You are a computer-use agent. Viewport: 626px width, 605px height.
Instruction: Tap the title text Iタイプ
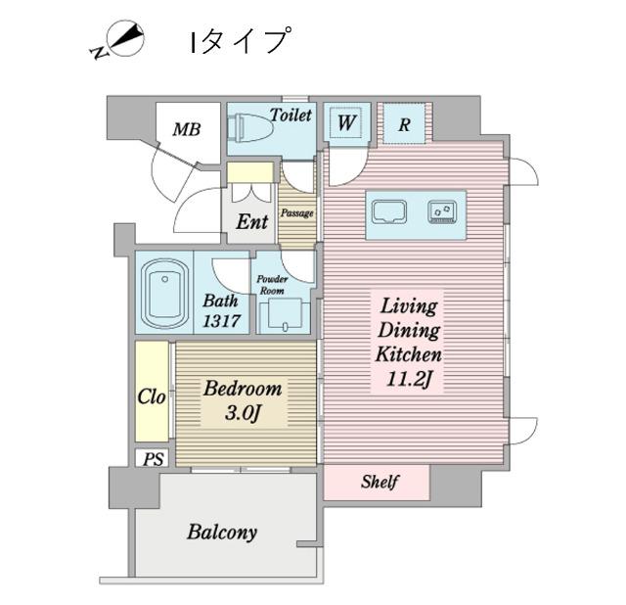click(240, 42)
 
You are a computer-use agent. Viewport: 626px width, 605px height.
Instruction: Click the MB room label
click(188, 127)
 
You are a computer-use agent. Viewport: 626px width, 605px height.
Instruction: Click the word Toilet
click(291, 115)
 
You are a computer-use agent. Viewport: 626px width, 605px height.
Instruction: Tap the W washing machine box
click(346, 122)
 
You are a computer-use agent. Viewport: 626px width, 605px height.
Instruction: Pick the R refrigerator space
click(404, 123)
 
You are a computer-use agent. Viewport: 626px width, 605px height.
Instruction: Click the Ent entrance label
click(251, 222)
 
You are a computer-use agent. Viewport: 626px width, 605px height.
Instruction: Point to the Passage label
click(296, 211)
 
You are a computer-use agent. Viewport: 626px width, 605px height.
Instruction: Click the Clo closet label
click(152, 397)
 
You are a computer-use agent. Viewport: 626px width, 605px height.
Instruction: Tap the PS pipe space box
click(153, 458)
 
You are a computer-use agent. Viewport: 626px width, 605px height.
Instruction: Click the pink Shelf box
click(377, 482)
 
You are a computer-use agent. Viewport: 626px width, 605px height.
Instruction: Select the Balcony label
click(222, 533)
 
